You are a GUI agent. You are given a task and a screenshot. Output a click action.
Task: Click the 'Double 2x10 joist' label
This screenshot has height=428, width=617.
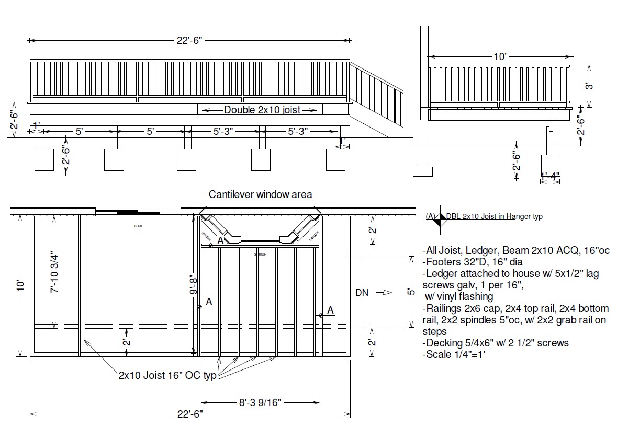point(259,110)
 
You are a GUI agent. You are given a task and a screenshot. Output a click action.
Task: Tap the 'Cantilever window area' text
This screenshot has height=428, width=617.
point(260,194)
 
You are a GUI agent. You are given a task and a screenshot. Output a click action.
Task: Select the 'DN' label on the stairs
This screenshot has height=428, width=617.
point(362,293)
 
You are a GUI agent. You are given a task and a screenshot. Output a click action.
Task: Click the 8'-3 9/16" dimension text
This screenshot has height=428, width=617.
point(260,402)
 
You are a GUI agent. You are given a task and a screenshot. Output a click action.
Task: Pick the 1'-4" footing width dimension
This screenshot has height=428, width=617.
point(550,176)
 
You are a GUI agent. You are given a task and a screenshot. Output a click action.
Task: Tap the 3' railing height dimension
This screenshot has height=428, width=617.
point(589,85)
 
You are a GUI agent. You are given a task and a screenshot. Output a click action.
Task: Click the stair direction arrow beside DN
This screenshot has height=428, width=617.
point(386,293)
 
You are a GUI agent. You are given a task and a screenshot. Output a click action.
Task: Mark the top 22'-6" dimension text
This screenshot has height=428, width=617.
point(189,40)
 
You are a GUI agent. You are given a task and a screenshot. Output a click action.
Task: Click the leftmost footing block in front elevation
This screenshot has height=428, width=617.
point(44,159)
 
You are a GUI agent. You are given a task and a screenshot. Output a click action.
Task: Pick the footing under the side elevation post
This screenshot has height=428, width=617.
point(551,164)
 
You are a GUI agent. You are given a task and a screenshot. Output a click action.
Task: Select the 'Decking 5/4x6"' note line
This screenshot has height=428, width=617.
point(495,343)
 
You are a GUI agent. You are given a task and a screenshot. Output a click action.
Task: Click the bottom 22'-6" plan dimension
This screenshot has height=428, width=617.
point(189,414)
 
